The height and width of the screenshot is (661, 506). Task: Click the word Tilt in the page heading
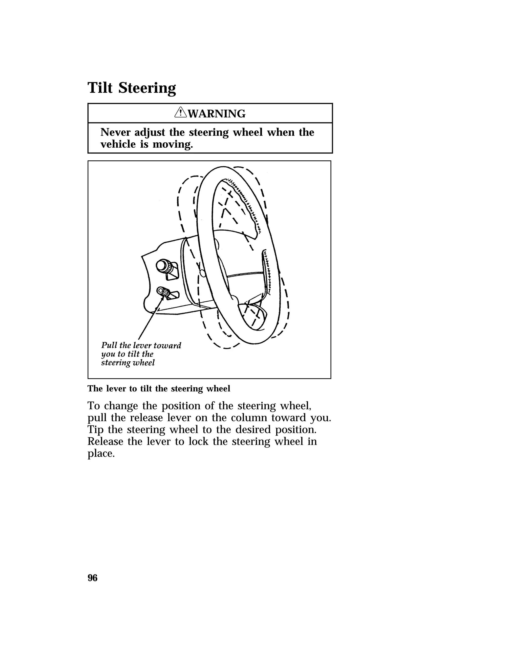[100, 88]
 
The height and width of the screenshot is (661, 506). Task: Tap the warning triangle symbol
[180, 113]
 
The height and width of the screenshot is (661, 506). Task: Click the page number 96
[92, 578]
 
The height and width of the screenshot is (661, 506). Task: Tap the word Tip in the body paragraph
[95, 430]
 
